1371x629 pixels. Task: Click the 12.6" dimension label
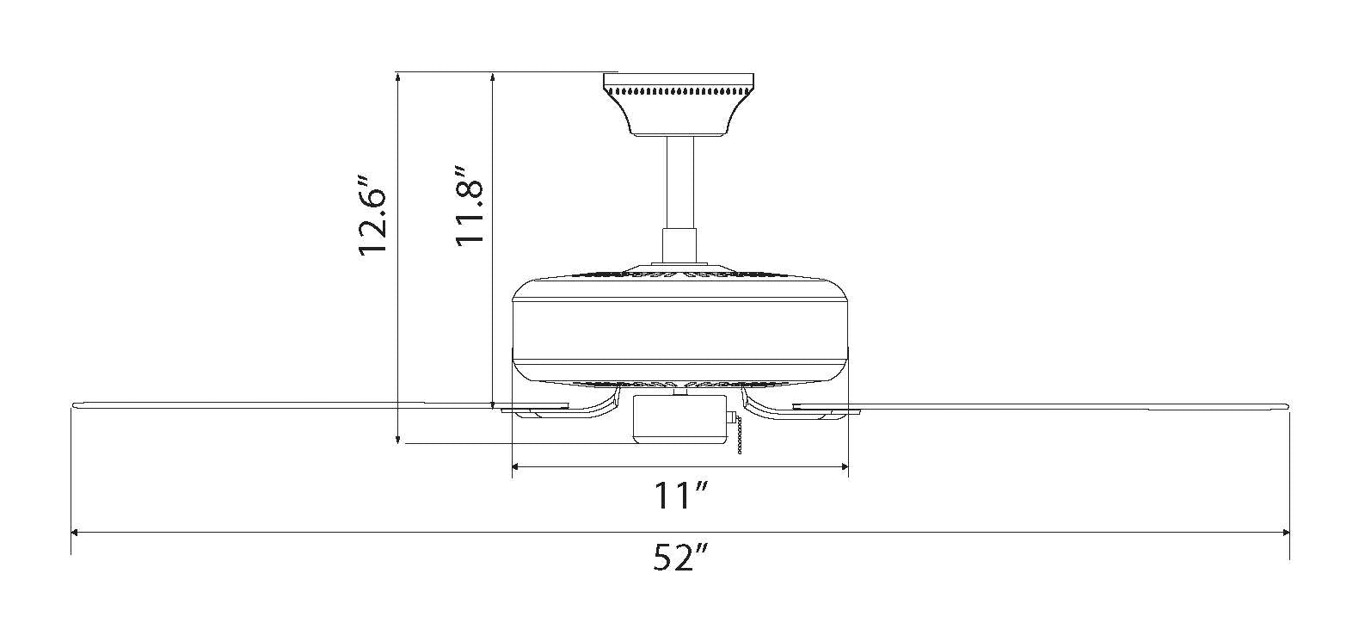[x=372, y=216]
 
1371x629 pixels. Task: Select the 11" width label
[x=681, y=496]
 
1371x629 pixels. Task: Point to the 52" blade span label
[x=680, y=557]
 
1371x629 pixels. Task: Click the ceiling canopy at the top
[x=678, y=104]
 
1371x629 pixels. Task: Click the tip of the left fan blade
[x=73, y=404]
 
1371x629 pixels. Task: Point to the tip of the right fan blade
[x=1288, y=404]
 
